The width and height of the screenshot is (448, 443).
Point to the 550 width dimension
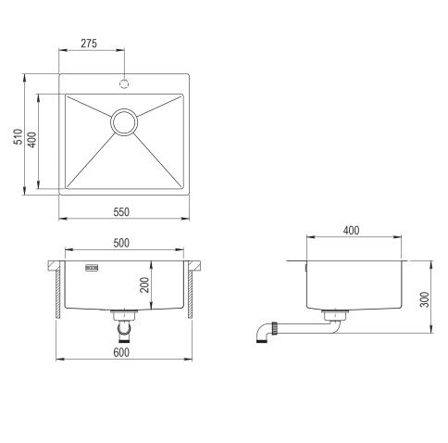[121, 212]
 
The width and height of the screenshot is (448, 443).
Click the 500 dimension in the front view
[120, 243]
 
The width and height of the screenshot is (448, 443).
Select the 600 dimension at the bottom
[121, 351]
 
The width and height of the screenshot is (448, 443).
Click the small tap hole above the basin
[123, 82]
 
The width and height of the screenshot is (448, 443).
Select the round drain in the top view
[123, 120]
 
